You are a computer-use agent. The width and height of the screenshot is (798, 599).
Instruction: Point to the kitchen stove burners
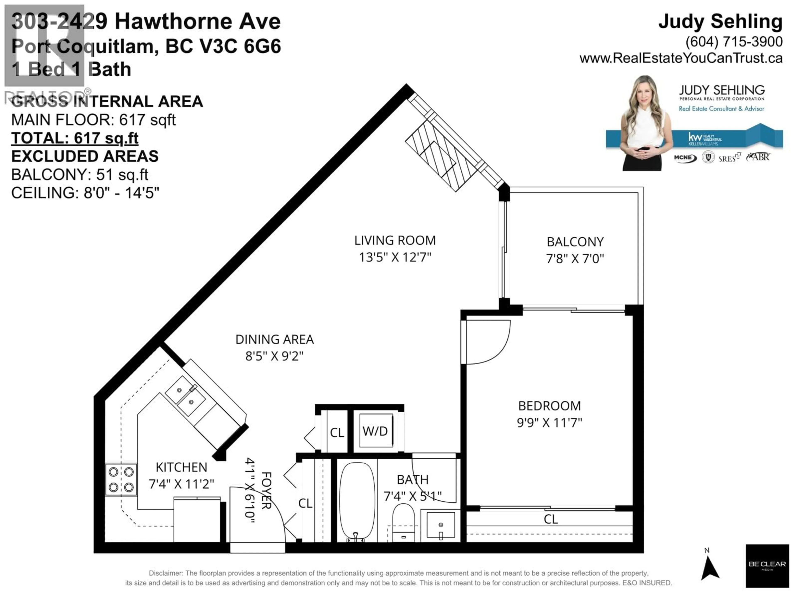click(x=121, y=479)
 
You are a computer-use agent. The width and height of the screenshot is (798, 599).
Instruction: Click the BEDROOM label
click(x=549, y=406)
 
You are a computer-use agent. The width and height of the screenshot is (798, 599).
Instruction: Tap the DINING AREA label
click(x=275, y=339)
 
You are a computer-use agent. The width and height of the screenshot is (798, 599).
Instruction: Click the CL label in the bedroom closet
click(x=550, y=519)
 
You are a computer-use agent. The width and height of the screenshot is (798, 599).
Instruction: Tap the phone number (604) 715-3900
click(x=734, y=42)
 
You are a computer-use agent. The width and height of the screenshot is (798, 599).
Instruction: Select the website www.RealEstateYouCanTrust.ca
click(x=681, y=58)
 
